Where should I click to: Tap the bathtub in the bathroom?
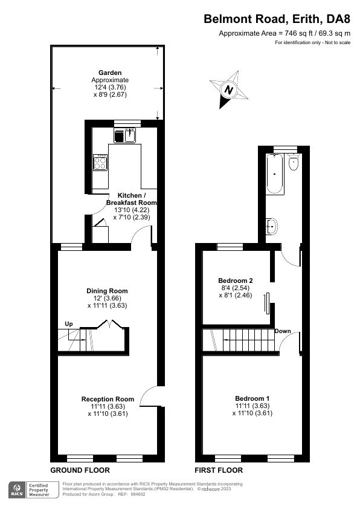(x=275, y=175)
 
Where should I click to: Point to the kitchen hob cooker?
(x=100, y=161)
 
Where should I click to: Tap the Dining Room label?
(x=107, y=291)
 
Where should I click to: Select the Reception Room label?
(x=108, y=399)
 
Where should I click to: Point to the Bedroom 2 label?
(x=235, y=280)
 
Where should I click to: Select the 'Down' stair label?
(x=283, y=331)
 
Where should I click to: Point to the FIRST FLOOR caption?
(x=219, y=470)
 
